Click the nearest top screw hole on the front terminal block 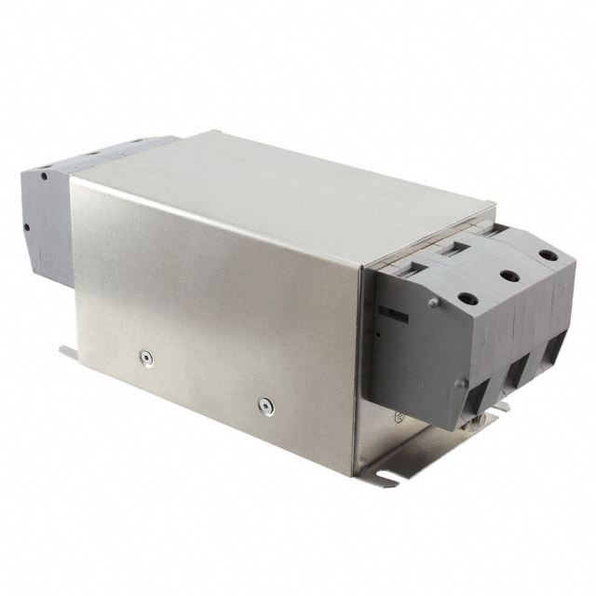467,299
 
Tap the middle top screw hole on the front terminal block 508,276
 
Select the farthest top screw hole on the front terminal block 549,255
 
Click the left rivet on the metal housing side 144,356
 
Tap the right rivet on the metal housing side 265,405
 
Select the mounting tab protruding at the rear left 67,352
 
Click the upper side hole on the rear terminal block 43,176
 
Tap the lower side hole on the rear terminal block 27,226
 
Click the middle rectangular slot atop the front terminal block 456,246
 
